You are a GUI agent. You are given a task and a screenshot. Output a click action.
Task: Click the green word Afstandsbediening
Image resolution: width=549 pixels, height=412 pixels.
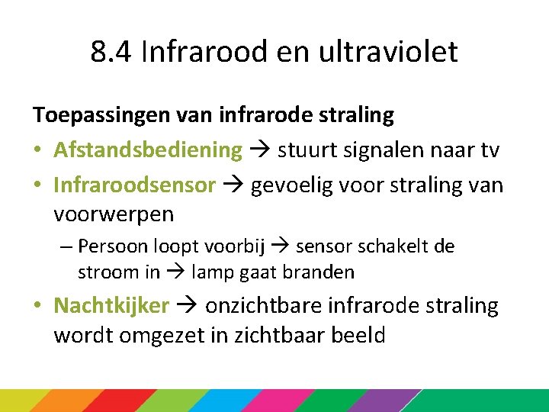click(x=147, y=150)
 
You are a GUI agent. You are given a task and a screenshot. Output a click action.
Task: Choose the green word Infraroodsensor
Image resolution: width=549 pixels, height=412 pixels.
click(x=134, y=185)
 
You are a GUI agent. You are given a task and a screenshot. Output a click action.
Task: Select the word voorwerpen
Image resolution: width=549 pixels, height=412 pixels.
click(x=114, y=214)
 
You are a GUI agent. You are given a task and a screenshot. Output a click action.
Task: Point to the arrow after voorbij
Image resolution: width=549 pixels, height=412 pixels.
click(x=281, y=246)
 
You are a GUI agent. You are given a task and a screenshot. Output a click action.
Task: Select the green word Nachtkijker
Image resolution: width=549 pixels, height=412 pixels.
click(x=111, y=306)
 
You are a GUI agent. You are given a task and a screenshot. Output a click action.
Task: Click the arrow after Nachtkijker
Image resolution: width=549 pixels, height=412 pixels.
click(x=188, y=306)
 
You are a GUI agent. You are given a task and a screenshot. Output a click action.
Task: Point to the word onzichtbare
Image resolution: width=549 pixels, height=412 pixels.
click(x=263, y=306)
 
